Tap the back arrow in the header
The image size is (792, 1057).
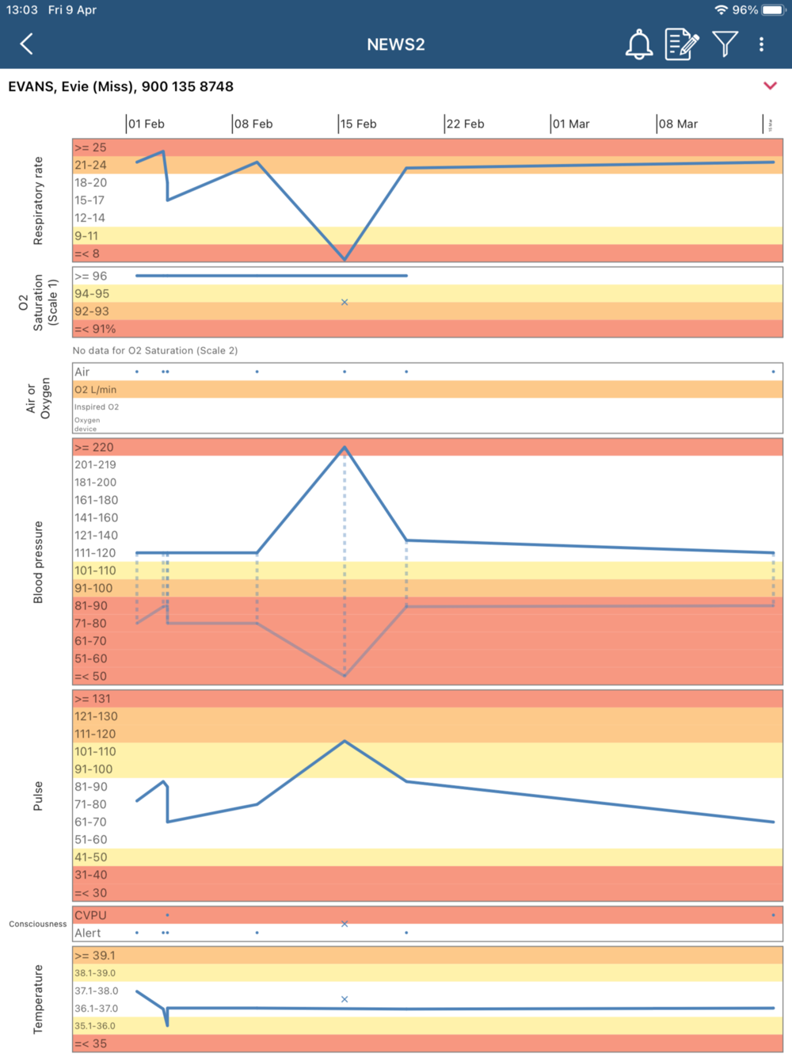tap(27, 44)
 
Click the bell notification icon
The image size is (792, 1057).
tap(639, 44)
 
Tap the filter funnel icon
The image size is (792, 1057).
tap(725, 44)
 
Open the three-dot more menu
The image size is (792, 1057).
tap(762, 44)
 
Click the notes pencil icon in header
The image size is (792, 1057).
tap(682, 44)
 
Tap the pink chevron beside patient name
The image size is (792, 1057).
tap(770, 86)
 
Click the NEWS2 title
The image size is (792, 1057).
tap(396, 44)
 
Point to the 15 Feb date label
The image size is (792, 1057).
tap(358, 124)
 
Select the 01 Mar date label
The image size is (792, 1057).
tap(571, 124)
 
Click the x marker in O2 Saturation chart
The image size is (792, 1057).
tap(345, 302)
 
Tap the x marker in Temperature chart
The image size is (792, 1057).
tap(345, 999)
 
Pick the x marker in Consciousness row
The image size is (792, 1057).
tap(345, 924)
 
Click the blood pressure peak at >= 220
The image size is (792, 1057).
tap(345, 448)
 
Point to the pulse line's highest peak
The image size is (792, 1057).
tap(345, 742)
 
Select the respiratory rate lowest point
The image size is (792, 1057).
tap(345, 259)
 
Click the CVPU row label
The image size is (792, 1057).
tap(90, 915)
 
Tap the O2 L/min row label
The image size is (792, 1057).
tap(96, 390)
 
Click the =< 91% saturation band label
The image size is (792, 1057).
tap(95, 329)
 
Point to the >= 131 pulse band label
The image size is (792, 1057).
tap(93, 699)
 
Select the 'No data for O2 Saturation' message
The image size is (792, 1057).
tap(155, 350)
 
